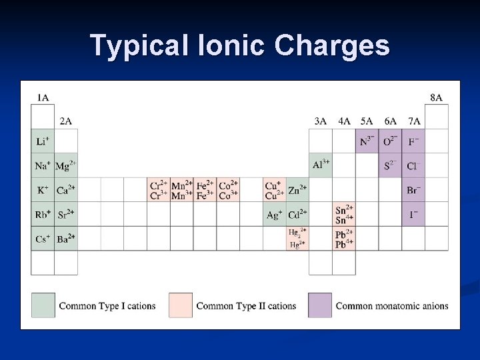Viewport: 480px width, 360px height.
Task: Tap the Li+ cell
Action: (x=43, y=141)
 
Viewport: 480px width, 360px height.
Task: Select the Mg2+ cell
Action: (x=65, y=165)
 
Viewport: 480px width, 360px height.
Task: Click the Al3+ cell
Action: (x=321, y=165)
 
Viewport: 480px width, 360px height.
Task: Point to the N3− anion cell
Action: (x=367, y=141)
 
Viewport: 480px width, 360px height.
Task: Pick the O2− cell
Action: (x=391, y=141)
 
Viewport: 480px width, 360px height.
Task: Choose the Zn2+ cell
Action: (x=297, y=190)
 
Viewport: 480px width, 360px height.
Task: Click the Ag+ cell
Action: (x=274, y=215)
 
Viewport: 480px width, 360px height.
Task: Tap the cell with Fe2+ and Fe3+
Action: (x=205, y=190)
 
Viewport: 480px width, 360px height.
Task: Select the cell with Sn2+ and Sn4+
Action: (x=344, y=215)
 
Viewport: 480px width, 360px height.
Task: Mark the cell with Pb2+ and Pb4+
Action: (x=344, y=239)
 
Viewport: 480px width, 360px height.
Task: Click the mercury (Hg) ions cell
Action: (x=297, y=239)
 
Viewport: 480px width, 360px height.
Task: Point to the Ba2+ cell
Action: (x=65, y=239)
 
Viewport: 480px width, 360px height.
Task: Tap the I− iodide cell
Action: (x=414, y=215)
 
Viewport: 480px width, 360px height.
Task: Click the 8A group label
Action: (x=436, y=98)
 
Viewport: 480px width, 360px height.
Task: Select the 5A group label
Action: (x=367, y=121)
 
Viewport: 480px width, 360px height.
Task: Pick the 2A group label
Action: (x=65, y=121)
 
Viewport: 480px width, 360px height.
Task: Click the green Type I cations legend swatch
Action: (x=43, y=305)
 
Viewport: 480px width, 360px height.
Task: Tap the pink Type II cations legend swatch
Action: (x=180, y=305)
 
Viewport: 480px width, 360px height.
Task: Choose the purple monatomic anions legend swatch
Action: (x=319, y=305)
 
